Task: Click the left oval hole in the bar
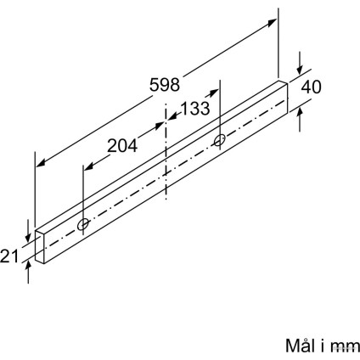pyautogui.click(x=83, y=224)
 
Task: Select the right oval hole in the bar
pyautogui.click(x=220, y=140)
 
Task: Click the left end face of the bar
pyautogui.click(x=40, y=248)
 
